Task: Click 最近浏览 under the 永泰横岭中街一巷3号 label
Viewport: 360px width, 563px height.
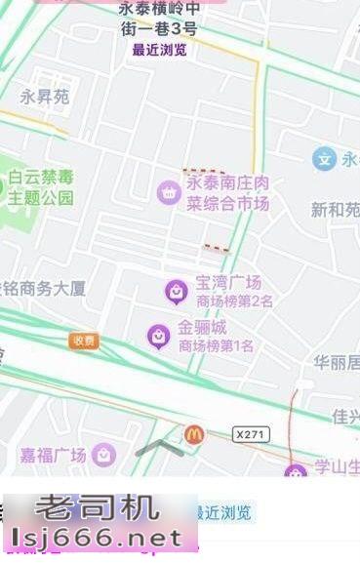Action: (x=159, y=50)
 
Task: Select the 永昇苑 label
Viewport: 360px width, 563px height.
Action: (x=45, y=97)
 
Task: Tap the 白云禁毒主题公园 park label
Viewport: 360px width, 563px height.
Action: (x=41, y=187)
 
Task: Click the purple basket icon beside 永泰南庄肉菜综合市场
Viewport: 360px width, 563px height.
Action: (x=168, y=192)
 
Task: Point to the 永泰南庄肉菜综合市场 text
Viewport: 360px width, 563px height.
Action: (x=227, y=193)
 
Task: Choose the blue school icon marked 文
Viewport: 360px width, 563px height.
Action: (x=324, y=158)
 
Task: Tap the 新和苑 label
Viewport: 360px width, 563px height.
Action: (x=336, y=209)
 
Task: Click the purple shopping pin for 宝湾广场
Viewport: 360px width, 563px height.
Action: (x=176, y=290)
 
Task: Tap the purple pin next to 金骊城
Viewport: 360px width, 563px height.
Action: (x=158, y=337)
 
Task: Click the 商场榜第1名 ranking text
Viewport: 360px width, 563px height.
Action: (x=216, y=345)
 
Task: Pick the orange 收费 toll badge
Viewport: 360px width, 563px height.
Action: (x=84, y=341)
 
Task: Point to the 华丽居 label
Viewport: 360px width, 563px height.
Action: (x=337, y=363)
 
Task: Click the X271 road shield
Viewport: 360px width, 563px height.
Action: (x=251, y=432)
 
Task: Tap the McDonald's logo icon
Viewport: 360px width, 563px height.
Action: (x=193, y=434)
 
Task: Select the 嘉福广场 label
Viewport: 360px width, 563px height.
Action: (x=54, y=455)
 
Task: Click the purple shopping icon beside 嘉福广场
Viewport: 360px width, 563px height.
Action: (x=104, y=455)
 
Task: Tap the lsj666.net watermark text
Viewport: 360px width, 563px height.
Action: (x=98, y=538)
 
